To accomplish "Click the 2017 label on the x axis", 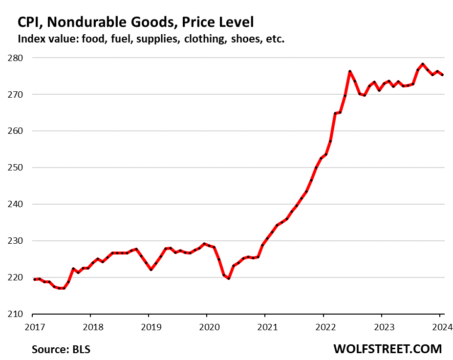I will (32, 325).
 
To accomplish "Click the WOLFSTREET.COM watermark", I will (388, 349).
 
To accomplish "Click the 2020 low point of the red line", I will (229, 278).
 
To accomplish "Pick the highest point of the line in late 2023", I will (422, 64).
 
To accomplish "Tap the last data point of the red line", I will (442, 75).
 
